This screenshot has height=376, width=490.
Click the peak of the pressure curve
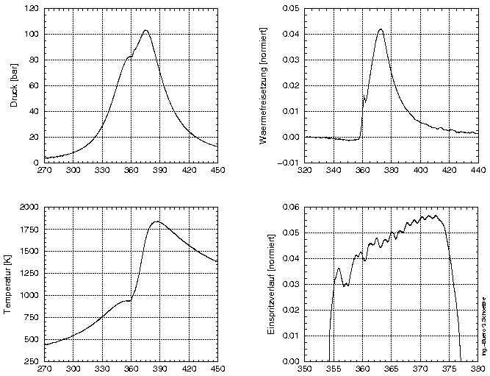[145, 30]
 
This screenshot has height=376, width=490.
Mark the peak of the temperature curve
[156, 221]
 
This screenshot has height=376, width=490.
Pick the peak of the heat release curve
[381, 29]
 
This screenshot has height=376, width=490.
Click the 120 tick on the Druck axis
[32, 9]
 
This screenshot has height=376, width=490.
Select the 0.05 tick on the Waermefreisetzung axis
[291, 9]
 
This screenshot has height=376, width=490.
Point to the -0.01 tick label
[289, 163]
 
